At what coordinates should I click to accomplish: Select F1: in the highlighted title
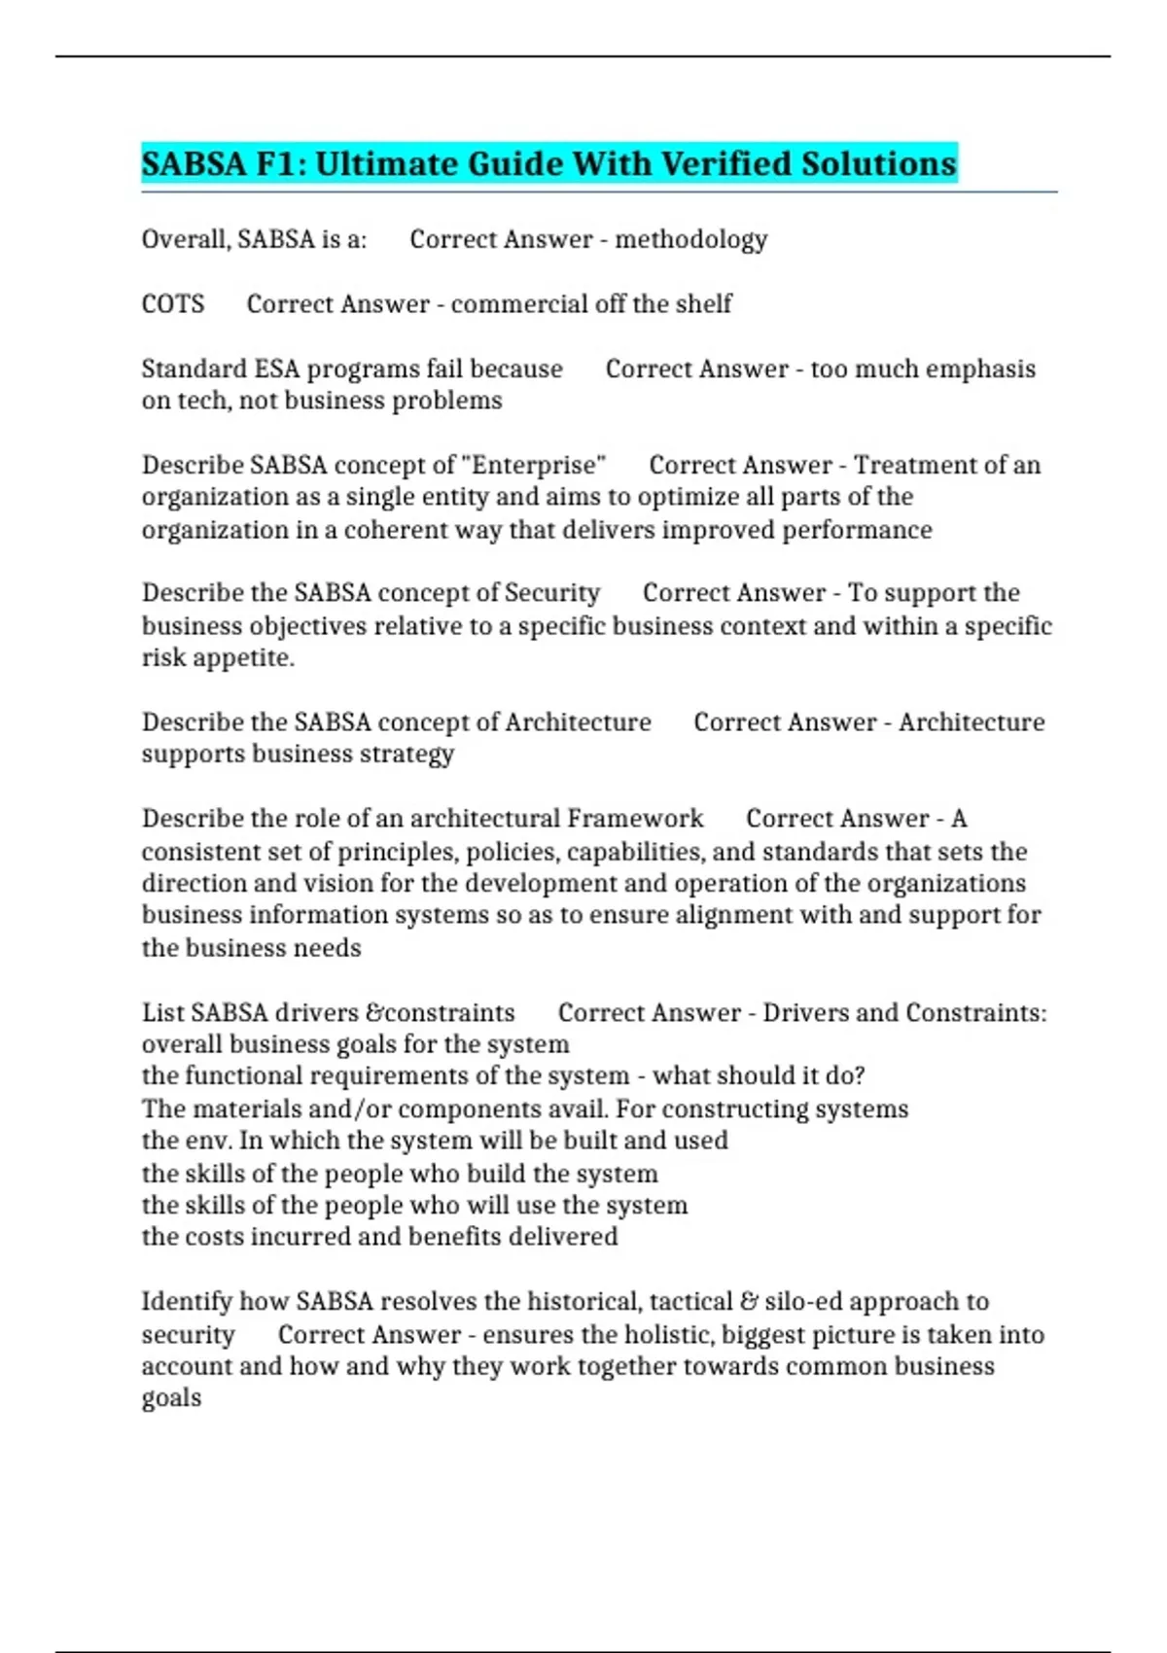280,163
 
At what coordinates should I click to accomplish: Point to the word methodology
690,239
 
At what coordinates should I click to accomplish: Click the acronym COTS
173,304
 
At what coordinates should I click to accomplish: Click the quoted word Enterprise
539,465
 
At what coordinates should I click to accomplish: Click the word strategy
407,755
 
